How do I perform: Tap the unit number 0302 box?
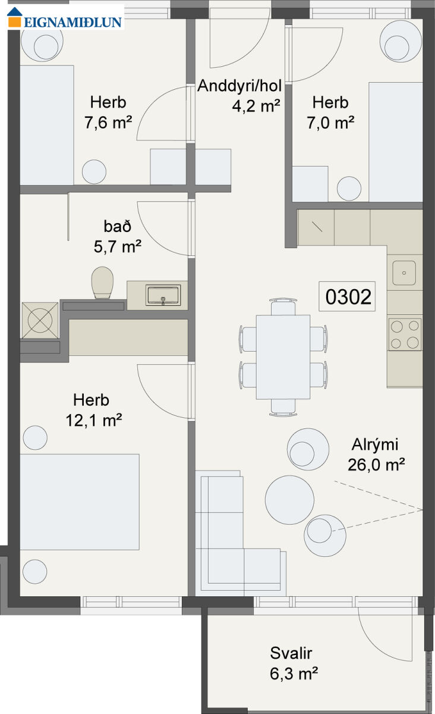click(347, 296)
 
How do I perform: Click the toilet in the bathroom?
click(102, 283)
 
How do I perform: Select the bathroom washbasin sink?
click(163, 295)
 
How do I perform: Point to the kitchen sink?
click(404, 273)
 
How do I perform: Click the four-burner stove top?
click(405, 334)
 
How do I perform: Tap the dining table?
click(283, 357)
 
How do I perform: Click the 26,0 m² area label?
click(376, 465)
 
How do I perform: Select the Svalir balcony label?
click(291, 653)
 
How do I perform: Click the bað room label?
click(117, 226)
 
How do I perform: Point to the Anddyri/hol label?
click(239, 86)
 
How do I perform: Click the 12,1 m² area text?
click(94, 421)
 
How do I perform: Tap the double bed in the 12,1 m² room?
click(80, 502)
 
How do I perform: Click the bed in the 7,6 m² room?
click(47, 126)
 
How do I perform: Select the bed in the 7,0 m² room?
click(396, 142)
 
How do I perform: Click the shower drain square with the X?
click(40, 320)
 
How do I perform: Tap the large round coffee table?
click(289, 500)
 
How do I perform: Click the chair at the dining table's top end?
click(283, 306)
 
